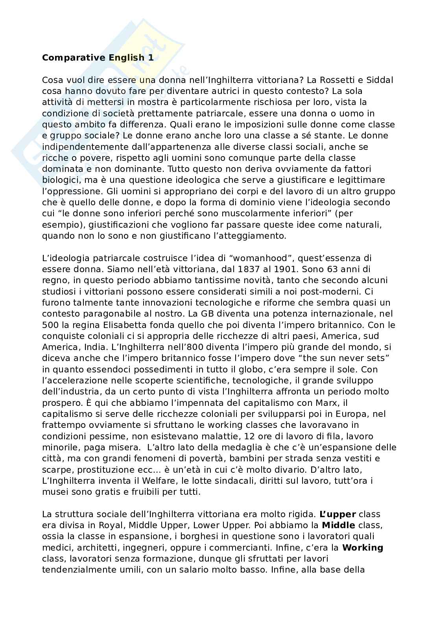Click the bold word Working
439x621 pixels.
[363, 548]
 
